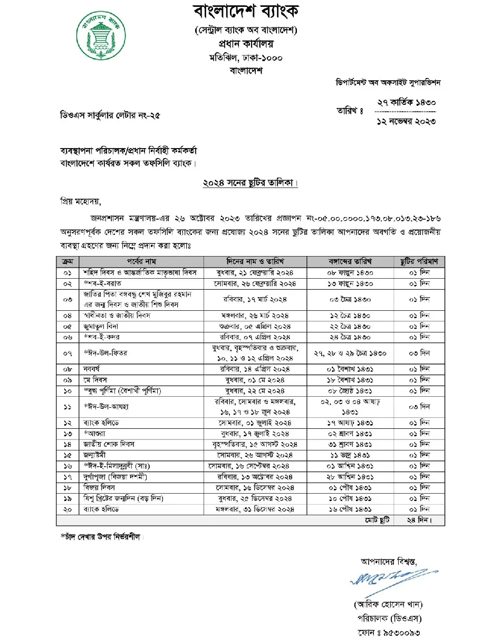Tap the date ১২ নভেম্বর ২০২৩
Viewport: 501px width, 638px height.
coord(406,122)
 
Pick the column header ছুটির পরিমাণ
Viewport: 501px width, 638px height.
coord(420,261)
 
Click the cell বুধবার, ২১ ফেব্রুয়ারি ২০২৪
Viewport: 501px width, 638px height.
coord(255,272)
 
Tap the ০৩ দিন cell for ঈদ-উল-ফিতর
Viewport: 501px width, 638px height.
coord(420,352)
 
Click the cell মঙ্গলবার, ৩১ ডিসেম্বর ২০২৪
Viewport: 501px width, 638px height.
coord(255,509)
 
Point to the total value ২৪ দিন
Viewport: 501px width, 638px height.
coord(420,520)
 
